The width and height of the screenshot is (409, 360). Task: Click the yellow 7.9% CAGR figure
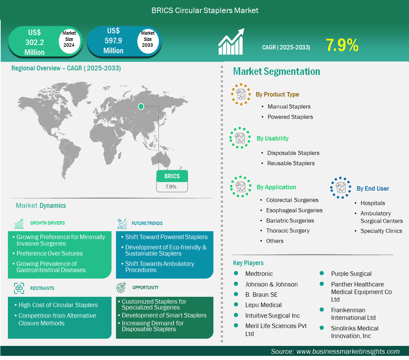[x=342, y=45]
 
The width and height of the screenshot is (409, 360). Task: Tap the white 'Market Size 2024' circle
[x=69, y=40]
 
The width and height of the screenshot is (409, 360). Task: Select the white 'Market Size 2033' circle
[x=148, y=40]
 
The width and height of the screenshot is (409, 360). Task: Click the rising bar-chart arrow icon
[x=231, y=42]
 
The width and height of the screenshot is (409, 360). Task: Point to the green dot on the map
[x=141, y=106]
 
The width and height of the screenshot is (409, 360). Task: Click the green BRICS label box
[x=172, y=176]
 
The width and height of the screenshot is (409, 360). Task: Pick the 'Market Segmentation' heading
[x=277, y=71]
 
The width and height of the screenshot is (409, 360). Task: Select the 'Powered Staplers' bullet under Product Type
[x=290, y=117]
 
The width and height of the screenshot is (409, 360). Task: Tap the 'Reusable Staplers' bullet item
[x=291, y=164]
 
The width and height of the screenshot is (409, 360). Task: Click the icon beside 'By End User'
[x=340, y=188]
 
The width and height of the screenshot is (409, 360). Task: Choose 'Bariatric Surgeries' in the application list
[x=290, y=221]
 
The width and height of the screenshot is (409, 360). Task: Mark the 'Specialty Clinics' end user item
[x=381, y=231]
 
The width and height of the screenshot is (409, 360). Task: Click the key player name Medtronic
[x=259, y=273]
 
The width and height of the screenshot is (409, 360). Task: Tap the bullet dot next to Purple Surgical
[x=322, y=273]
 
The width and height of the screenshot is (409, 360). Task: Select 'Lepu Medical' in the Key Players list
[x=264, y=305]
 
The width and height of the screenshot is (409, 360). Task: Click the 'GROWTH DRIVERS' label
[x=47, y=223]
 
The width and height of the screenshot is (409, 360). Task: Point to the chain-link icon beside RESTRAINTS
[x=19, y=288]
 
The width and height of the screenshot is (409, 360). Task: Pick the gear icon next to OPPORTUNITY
[x=121, y=288]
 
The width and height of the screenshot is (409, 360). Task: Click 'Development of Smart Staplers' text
[x=164, y=315]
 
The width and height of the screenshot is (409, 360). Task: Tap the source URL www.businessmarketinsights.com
[x=348, y=351]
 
